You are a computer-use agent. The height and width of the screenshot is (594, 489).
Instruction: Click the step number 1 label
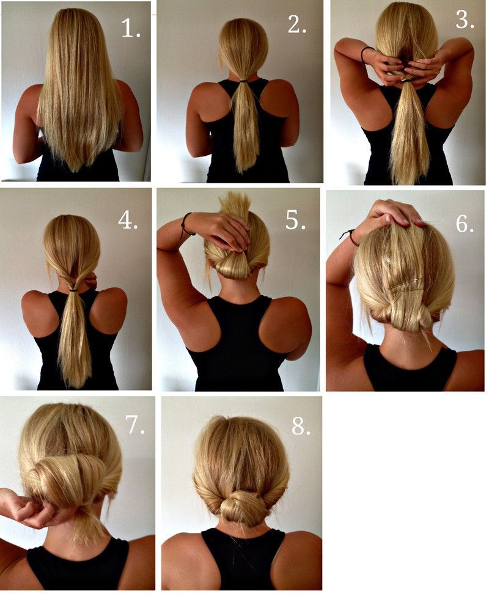pyautogui.click(x=131, y=28)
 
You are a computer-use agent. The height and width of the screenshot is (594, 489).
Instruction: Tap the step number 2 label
pyautogui.click(x=296, y=24)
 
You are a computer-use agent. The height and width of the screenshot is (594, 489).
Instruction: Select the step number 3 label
pyautogui.click(x=465, y=20)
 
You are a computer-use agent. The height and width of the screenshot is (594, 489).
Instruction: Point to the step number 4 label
pyautogui.click(x=128, y=220)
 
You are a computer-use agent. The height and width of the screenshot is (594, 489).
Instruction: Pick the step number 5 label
pyautogui.click(x=295, y=221)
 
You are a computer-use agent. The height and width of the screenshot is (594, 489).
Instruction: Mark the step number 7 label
pyautogui.click(x=135, y=424)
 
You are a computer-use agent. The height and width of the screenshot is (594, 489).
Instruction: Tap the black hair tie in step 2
pyautogui.click(x=243, y=81)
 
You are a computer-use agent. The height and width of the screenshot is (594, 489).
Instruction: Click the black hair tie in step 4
pyautogui.click(x=73, y=290)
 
